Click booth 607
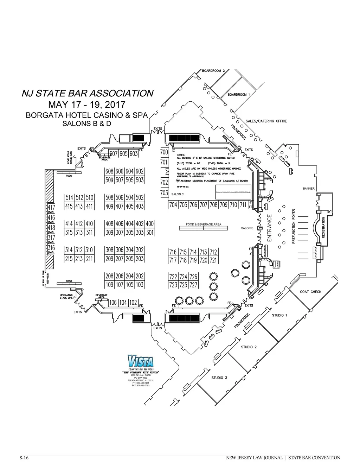[x=114, y=154]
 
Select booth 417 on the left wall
[x=51, y=208]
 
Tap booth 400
[x=150, y=224]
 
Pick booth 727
[x=193, y=285]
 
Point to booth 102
[x=133, y=303]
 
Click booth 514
[x=69, y=198]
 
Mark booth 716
[x=173, y=252]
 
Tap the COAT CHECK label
[x=311, y=292]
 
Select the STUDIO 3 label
[x=219, y=378]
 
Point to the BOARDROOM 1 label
[x=239, y=95]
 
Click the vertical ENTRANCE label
[x=270, y=228]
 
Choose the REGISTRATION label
[x=323, y=228]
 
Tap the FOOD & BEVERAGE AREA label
[x=204, y=224]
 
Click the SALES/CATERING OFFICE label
[x=266, y=121]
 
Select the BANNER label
[x=309, y=189]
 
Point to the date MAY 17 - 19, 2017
[x=86, y=104]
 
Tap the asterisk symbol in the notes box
[x=178, y=181]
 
